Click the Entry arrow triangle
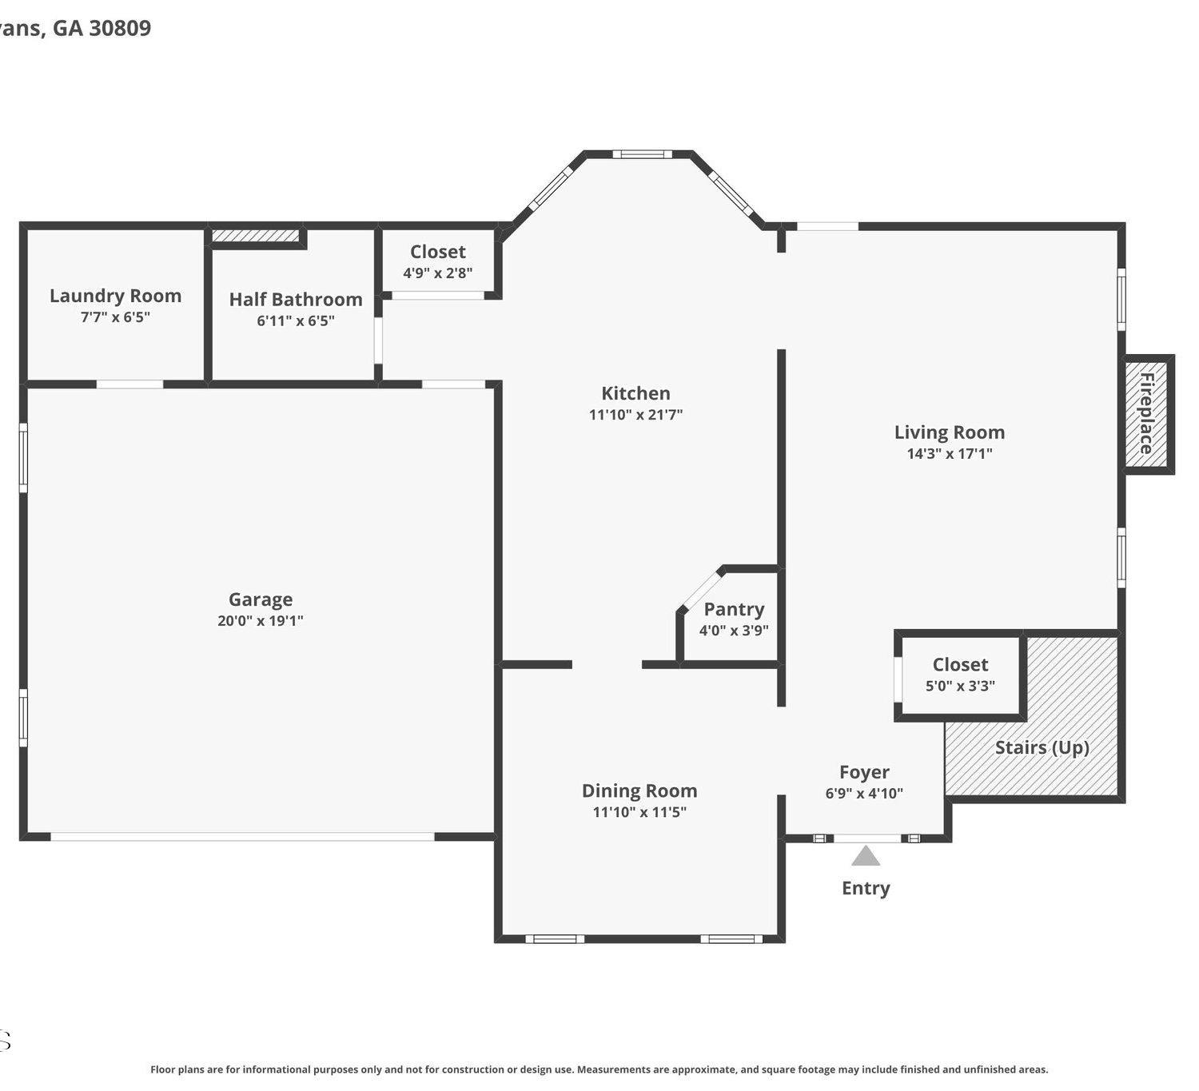(866, 855)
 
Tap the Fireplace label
(1145, 413)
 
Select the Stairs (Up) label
(1042, 748)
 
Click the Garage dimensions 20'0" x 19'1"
(260, 620)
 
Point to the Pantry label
(734, 609)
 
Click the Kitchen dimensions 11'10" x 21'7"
(635, 414)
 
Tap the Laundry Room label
(115, 296)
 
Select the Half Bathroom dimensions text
(295, 321)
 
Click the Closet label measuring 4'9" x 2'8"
(437, 252)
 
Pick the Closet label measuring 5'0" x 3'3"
(960, 664)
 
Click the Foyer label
(864, 772)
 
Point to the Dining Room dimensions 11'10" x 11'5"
(639, 812)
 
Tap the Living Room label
(949, 432)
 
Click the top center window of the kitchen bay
(642, 154)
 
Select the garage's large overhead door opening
(242, 836)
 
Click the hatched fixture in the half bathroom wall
(255, 236)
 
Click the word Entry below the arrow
(866, 888)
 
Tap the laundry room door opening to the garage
(129, 384)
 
